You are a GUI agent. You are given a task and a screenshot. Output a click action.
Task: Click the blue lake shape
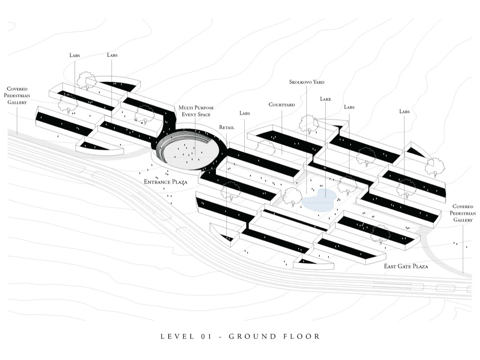[x=319, y=199]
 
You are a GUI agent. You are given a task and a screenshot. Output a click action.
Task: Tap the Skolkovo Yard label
[x=307, y=82]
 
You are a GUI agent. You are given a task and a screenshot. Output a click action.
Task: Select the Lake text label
[x=325, y=99]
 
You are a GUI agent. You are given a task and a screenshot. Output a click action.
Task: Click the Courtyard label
[x=282, y=105]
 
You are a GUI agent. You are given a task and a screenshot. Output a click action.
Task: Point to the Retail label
[x=227, y=127]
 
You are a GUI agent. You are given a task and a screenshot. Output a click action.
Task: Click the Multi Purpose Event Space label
[x=196, y=111]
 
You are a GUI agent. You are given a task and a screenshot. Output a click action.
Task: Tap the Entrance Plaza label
[x=165, y=182]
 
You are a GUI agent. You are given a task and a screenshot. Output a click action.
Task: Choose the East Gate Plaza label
[x=406, y=266]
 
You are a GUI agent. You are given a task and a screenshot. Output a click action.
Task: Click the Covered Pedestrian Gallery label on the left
[x=17, y=95]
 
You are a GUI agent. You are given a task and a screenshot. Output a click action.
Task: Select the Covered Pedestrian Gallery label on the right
[x=462, y=213]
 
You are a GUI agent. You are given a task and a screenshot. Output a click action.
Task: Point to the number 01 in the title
[x=206, y=336]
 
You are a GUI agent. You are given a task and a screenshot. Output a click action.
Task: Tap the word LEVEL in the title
[x=175, y=336]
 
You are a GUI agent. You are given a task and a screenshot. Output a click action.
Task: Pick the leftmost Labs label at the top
[x=75, y=55]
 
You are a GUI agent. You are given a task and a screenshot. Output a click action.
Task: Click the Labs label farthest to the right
[x=404, y=111]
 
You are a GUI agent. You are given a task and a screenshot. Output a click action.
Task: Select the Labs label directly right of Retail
[x=245, y=113]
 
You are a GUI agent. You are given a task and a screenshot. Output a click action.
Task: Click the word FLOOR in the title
[x=302, y=336]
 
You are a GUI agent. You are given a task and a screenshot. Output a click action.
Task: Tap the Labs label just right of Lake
[x=349, y=107]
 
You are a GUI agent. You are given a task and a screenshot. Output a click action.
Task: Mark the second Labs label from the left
[x=112, y=55]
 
